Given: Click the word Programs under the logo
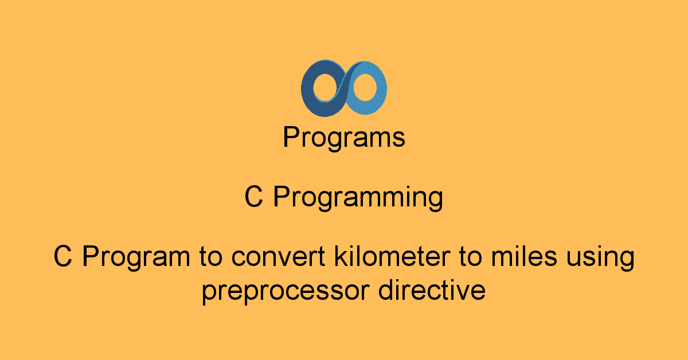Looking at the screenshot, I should [344, 138].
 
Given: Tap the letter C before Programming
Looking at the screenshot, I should [254, 198].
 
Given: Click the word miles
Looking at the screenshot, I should [521, 257].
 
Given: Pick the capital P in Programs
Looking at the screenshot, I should [291, 138].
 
